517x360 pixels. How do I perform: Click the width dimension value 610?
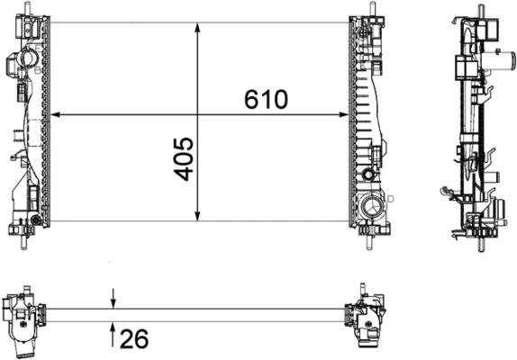click(x=266, y=100)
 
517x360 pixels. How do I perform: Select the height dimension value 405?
click(x=183, y=158)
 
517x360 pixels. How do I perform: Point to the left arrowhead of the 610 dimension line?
click(x=55, y=115)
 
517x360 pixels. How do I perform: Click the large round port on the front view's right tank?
click(x=369, y=210)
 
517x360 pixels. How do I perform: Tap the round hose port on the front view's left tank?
click(x=24, y=61)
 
